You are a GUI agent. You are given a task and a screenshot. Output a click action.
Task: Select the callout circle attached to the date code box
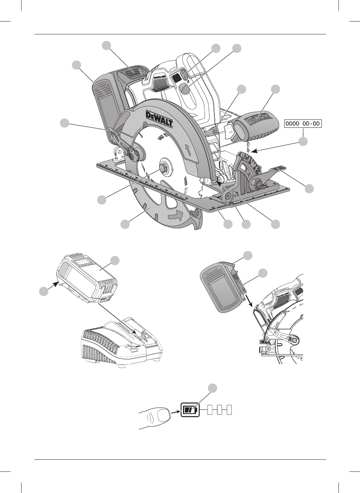[x=303, y=142]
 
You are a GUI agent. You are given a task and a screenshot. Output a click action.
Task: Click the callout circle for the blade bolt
[x=101, y=200]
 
